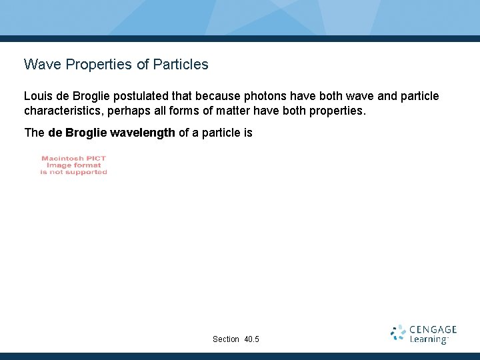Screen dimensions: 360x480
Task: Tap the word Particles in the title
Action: pos(180,65)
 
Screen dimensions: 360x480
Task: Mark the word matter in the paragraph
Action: pos(233,110)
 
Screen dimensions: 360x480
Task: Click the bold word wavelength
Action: pos(142,133)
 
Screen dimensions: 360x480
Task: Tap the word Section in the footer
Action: pos(226,339)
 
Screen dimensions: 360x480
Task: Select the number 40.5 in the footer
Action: pos(252,339)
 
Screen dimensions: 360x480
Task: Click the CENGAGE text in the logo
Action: pos(433,329)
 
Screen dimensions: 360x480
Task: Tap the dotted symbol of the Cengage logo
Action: pos(398,333)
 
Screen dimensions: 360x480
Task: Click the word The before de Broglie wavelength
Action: pos(34,133)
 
